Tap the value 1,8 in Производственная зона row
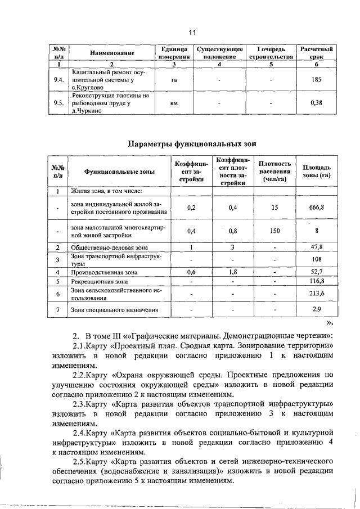click(x=232, y=272)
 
